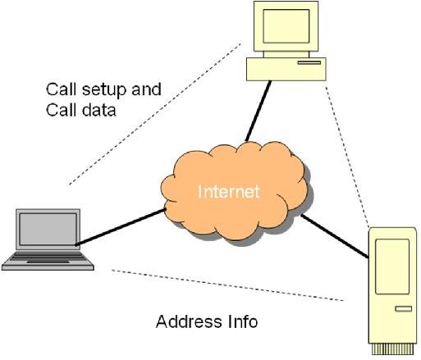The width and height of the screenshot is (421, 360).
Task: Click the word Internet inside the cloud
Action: coord(229,193)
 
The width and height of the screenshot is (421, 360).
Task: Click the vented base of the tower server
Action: coord(391,348)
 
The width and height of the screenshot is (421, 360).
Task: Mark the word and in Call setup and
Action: coord(147,89)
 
